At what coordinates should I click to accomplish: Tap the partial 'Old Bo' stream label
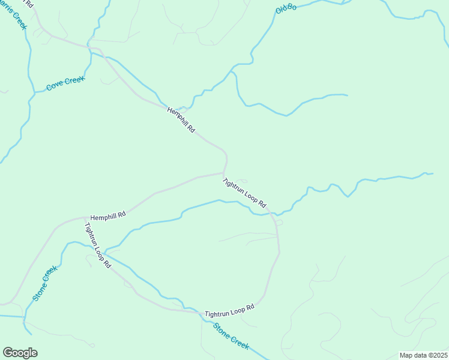286,9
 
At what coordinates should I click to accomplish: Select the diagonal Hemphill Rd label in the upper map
181,119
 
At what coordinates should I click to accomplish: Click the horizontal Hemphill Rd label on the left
108,215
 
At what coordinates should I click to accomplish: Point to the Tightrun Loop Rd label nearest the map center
244,193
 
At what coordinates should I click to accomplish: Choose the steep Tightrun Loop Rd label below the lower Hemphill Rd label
98,245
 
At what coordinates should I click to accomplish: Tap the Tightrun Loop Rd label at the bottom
230,310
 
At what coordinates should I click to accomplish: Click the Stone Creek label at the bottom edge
231,336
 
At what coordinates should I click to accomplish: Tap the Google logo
20,353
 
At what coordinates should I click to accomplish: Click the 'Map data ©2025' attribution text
423,355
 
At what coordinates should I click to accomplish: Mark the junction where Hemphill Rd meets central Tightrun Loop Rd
224,173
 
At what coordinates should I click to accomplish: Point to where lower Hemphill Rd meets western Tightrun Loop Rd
85,218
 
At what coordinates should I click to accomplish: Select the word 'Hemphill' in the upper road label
178,115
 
